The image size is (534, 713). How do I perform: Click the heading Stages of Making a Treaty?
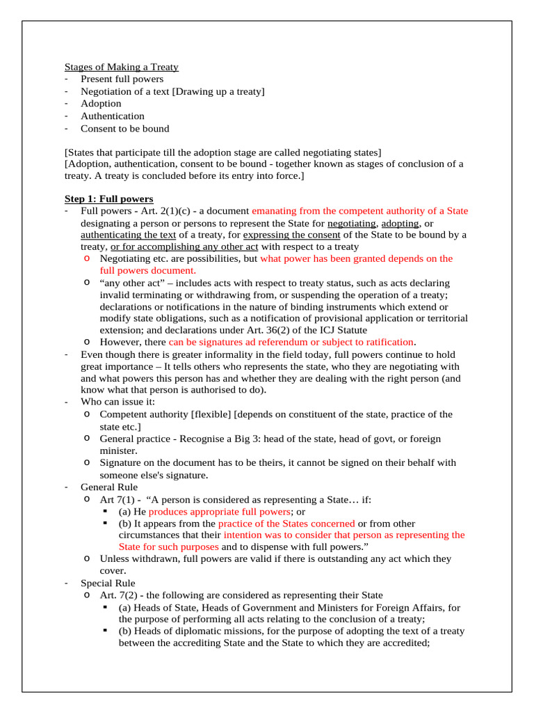(x=122, y=67)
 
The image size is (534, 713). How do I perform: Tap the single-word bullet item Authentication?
(x=113, y=116)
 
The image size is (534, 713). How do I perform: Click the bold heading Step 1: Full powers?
(x=109, y=198)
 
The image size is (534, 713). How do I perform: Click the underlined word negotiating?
(x=352, y=224)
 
